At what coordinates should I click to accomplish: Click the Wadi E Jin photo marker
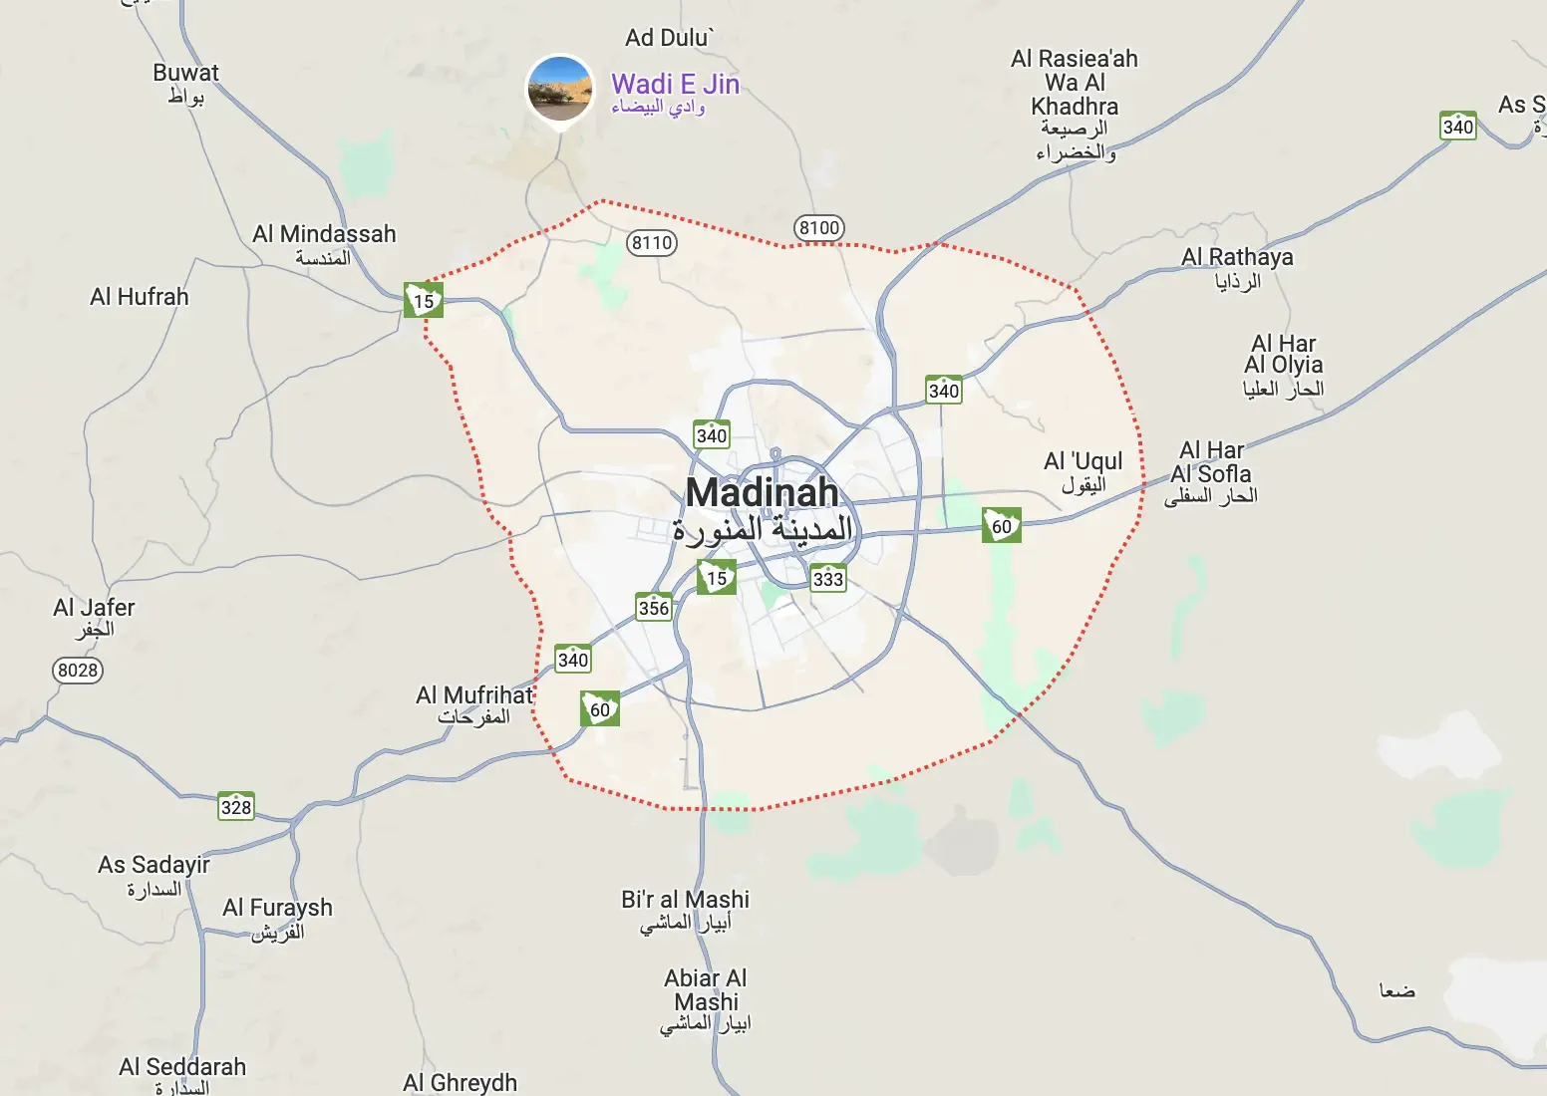coord(560,88)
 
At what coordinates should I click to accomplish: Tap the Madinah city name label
coord(763,493)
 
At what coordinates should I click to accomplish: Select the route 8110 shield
coord(652,243)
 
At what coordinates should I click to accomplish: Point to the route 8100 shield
coord(819,228)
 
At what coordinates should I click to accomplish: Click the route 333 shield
coord(827,579)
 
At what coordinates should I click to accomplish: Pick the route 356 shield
coord(654,608)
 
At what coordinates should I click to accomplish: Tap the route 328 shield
coord(236,807)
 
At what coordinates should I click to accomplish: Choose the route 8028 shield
coord(78,671)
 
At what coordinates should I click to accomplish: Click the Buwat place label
coord(185,74)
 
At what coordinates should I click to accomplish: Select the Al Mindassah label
coord(324,235)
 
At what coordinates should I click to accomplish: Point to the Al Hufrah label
coord(140,297)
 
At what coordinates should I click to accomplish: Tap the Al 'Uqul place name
coord(1083,462)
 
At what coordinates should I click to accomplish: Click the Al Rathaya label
coord(1237,258)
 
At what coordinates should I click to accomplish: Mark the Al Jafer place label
coord(94,609)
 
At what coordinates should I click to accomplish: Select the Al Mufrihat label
coord(474,695)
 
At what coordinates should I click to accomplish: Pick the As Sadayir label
coord(154,865)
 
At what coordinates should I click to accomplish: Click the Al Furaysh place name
coord(277,909)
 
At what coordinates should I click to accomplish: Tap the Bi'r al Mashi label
coord(685,900)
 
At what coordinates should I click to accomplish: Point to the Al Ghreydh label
coord(461,1082)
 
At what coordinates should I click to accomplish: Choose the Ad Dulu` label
coord(669,38)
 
